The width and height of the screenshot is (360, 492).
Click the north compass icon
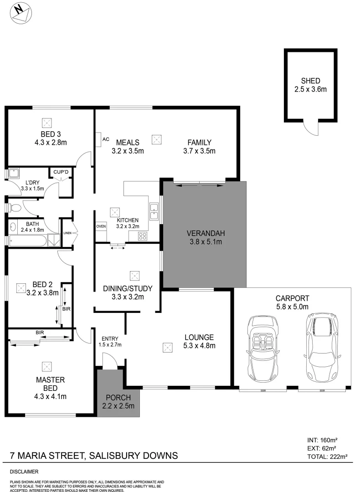pos(21,12)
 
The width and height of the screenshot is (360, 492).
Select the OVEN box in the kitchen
pos(101,226)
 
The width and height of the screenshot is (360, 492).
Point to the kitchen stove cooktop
pos(142,236)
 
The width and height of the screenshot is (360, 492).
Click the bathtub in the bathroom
pos(27,240)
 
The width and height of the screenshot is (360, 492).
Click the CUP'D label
pos(61,172)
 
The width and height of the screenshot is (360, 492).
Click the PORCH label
pos(118,397)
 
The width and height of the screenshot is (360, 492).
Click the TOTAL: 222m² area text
pos(328,456)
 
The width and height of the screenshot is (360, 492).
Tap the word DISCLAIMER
pos(24,471)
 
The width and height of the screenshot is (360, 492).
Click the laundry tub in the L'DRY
pos(13,174)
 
